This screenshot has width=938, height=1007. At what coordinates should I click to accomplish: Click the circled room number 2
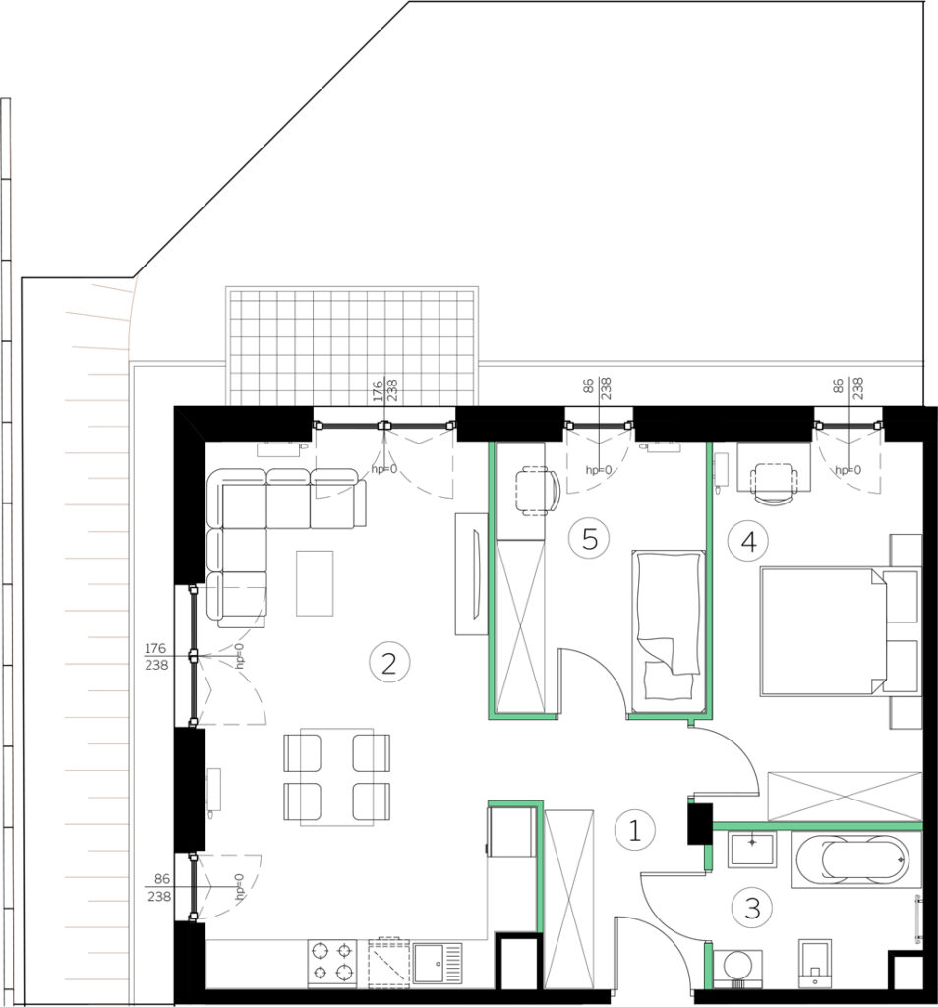[388, 662]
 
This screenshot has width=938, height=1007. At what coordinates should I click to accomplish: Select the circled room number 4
[748, 542]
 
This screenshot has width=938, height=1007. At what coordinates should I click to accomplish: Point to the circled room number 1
[634, 830]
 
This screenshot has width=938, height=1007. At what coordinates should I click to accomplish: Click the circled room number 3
[752, 908]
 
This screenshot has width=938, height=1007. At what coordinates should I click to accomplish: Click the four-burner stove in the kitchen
[332, 963]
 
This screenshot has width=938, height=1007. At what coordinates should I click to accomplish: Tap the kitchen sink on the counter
[437, 963]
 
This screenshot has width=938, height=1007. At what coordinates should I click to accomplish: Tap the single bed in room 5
[669, 631]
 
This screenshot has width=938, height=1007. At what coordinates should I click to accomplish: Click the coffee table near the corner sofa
[315, 582]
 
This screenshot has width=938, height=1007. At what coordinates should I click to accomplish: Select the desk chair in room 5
[537, 492]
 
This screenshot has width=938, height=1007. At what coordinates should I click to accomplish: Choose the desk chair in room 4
[774, 483]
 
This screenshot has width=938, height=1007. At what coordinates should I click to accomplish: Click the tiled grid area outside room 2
[352, 347]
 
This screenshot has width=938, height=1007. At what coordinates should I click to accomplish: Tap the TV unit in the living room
[472, 574]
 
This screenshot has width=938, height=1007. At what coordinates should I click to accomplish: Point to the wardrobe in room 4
[845, 795]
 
